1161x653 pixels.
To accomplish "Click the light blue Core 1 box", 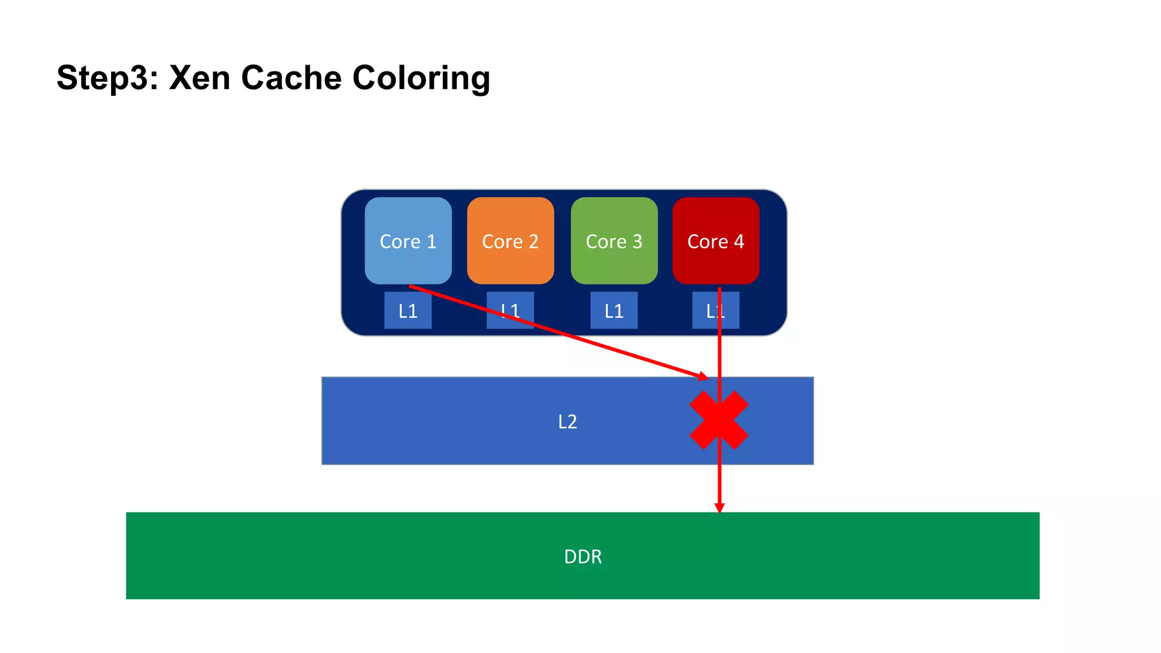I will tap(408, 227).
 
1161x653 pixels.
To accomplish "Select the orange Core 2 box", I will tap(510, 227).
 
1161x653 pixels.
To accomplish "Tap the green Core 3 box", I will tap(614, 227).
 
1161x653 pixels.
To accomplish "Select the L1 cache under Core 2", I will tap(510, 311).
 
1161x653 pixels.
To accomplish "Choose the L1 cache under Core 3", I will tap(614, 311).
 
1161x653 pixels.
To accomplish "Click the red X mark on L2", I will tap(719, 421).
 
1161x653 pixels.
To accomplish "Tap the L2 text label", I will tap(567, 422).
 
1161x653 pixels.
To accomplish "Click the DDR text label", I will tap(583, 557).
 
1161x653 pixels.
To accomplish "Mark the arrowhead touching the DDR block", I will tap(719, 508).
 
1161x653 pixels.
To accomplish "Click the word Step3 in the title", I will tap(107, 78).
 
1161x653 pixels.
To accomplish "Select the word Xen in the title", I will tap(200, 78).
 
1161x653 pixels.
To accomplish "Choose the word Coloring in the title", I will tap(421, 78).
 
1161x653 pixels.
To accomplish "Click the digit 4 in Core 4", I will tap(739, 241).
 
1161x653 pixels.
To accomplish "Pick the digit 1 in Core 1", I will tap(431, 241).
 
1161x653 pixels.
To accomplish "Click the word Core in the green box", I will tap(606, 241).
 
